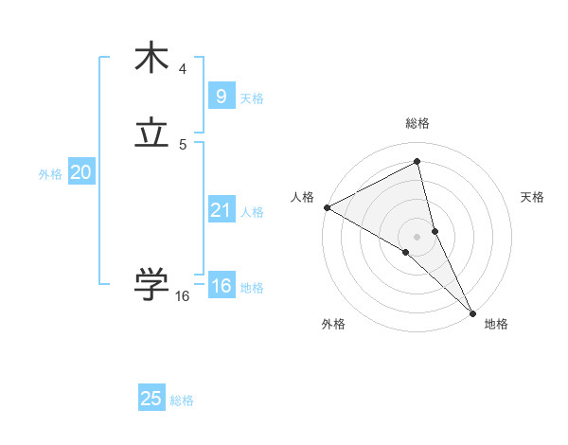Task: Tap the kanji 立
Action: [151, 134]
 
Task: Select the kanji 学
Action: [151, 283]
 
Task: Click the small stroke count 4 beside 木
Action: [183, 69]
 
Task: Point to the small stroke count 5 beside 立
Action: [183, 145]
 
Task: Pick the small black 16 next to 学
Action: [183, 296]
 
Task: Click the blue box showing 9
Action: [221, 96]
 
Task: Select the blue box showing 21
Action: [221, 209]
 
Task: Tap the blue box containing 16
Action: [221, 286]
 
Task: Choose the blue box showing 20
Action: [80, 172]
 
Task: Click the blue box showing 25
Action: [151, 399]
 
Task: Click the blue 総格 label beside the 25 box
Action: [182, 400]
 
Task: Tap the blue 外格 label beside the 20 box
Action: [50, 174]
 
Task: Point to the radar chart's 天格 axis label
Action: [532, 197]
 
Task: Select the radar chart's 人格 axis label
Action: [302, 197]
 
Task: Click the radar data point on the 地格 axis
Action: [472, 311]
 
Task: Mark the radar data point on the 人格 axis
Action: [327, 207]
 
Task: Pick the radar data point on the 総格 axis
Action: [417, 163]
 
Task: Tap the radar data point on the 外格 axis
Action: [406, 252]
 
